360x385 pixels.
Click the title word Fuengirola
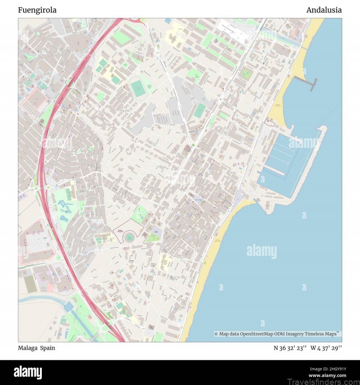pyautogui.click(x=37, y=10)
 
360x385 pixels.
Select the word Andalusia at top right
pyautogui.click(x=324, y=10)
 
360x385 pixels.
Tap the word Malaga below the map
pyautogui.click(x=27, y=348)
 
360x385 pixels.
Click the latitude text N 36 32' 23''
pyautogui.click(x=290, y=348)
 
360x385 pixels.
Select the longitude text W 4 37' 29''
pyautogui.click(x=326, y=348)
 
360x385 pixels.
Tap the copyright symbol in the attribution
pyautogui.click(x=216, y=334)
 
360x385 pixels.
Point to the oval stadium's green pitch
pyautogui.click(x=138, y=88)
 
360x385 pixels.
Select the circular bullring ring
pyautogui.click(x=130, y=236)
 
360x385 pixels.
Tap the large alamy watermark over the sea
pyautogui.click(x=261, y=250)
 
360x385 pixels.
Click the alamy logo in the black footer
pyautogui.click(x=28, y=372)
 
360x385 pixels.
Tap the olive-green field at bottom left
pyautogui.click(x=30, y=284)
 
